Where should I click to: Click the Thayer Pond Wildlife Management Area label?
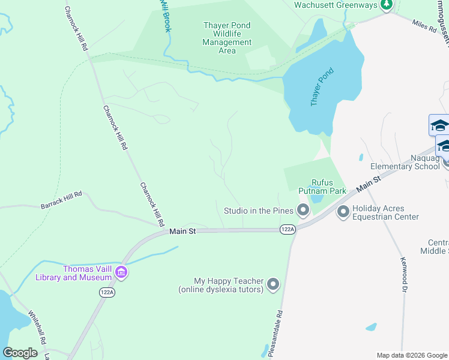[227, 38]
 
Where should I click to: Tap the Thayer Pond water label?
[322, 87]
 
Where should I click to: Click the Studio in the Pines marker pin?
[303, 211]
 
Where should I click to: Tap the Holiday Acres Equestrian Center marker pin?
[343, 211]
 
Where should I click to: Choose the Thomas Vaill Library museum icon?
[121, 272]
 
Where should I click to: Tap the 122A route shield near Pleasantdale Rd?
[288, 229]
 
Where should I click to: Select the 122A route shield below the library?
[106, 292]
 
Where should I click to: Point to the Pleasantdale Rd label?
[277, 334]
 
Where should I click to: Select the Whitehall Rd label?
[36, 327]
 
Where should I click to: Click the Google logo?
[20, 352]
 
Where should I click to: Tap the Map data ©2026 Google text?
[411, 355]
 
